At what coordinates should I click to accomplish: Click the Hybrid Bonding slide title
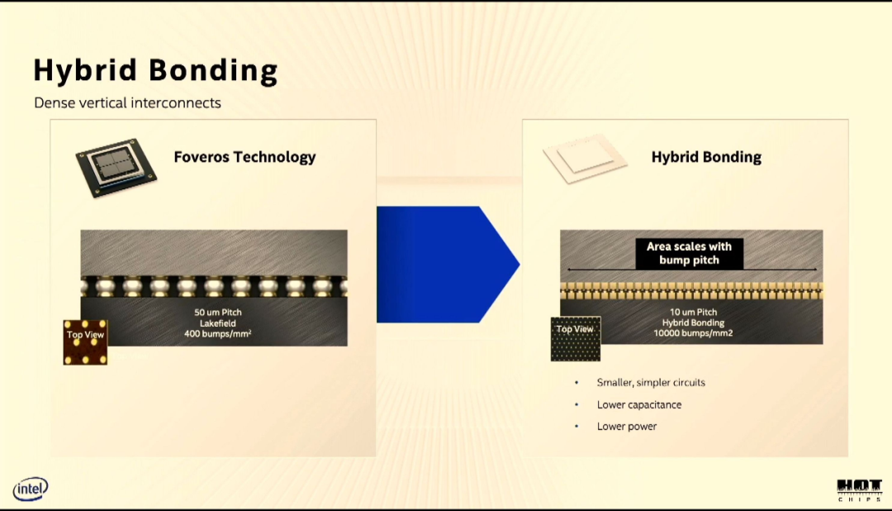click(x=155, y=70)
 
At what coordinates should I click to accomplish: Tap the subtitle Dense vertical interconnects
click(x=127, y=103)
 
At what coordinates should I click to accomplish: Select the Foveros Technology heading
click(x=244, y=157)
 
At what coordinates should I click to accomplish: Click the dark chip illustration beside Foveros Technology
click(x=116, y=168)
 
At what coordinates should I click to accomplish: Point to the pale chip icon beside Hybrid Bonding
click(x=585, y=159)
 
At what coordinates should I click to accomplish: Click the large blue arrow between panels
click(x=448, y=265)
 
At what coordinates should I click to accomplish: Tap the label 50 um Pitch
click(x=218, y=313)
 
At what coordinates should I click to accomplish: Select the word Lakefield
click(x=218, y=323)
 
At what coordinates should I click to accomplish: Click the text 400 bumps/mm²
click(x=218, y=334)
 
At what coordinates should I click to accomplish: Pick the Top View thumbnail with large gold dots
click(x=85, y=342)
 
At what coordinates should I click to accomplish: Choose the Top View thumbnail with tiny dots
click(x=576, y=340)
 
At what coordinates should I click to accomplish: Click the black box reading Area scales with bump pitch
click(x=690, y=254)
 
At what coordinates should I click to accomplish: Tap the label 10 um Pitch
click(x=694, y=313)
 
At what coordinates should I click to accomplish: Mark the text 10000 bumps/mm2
click(x=694, y=333)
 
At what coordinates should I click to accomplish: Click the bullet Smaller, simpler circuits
click(x=651, y=383)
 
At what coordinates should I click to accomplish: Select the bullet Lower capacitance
click(x=639, y=405)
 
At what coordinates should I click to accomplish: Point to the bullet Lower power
click(x=627, y=427)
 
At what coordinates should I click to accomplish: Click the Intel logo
click(x=31, y=489)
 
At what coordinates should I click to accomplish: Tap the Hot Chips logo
click(x=859, y=490)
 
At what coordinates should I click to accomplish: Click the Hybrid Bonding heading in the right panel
click(x=706, y=157)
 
